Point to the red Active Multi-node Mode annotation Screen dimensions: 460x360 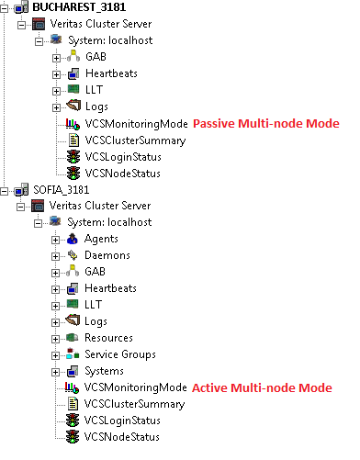(x=262, y=388)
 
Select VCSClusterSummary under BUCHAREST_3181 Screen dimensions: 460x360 (x=135, y=140)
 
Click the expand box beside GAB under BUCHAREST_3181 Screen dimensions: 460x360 (x=57, y=57)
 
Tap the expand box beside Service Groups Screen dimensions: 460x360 (x=57, y=354)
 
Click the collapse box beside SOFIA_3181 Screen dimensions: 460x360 (x=7, y=190)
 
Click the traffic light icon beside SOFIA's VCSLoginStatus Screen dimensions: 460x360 (x=73, y=421)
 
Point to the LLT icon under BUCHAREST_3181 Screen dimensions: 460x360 (x=73, y=90)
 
